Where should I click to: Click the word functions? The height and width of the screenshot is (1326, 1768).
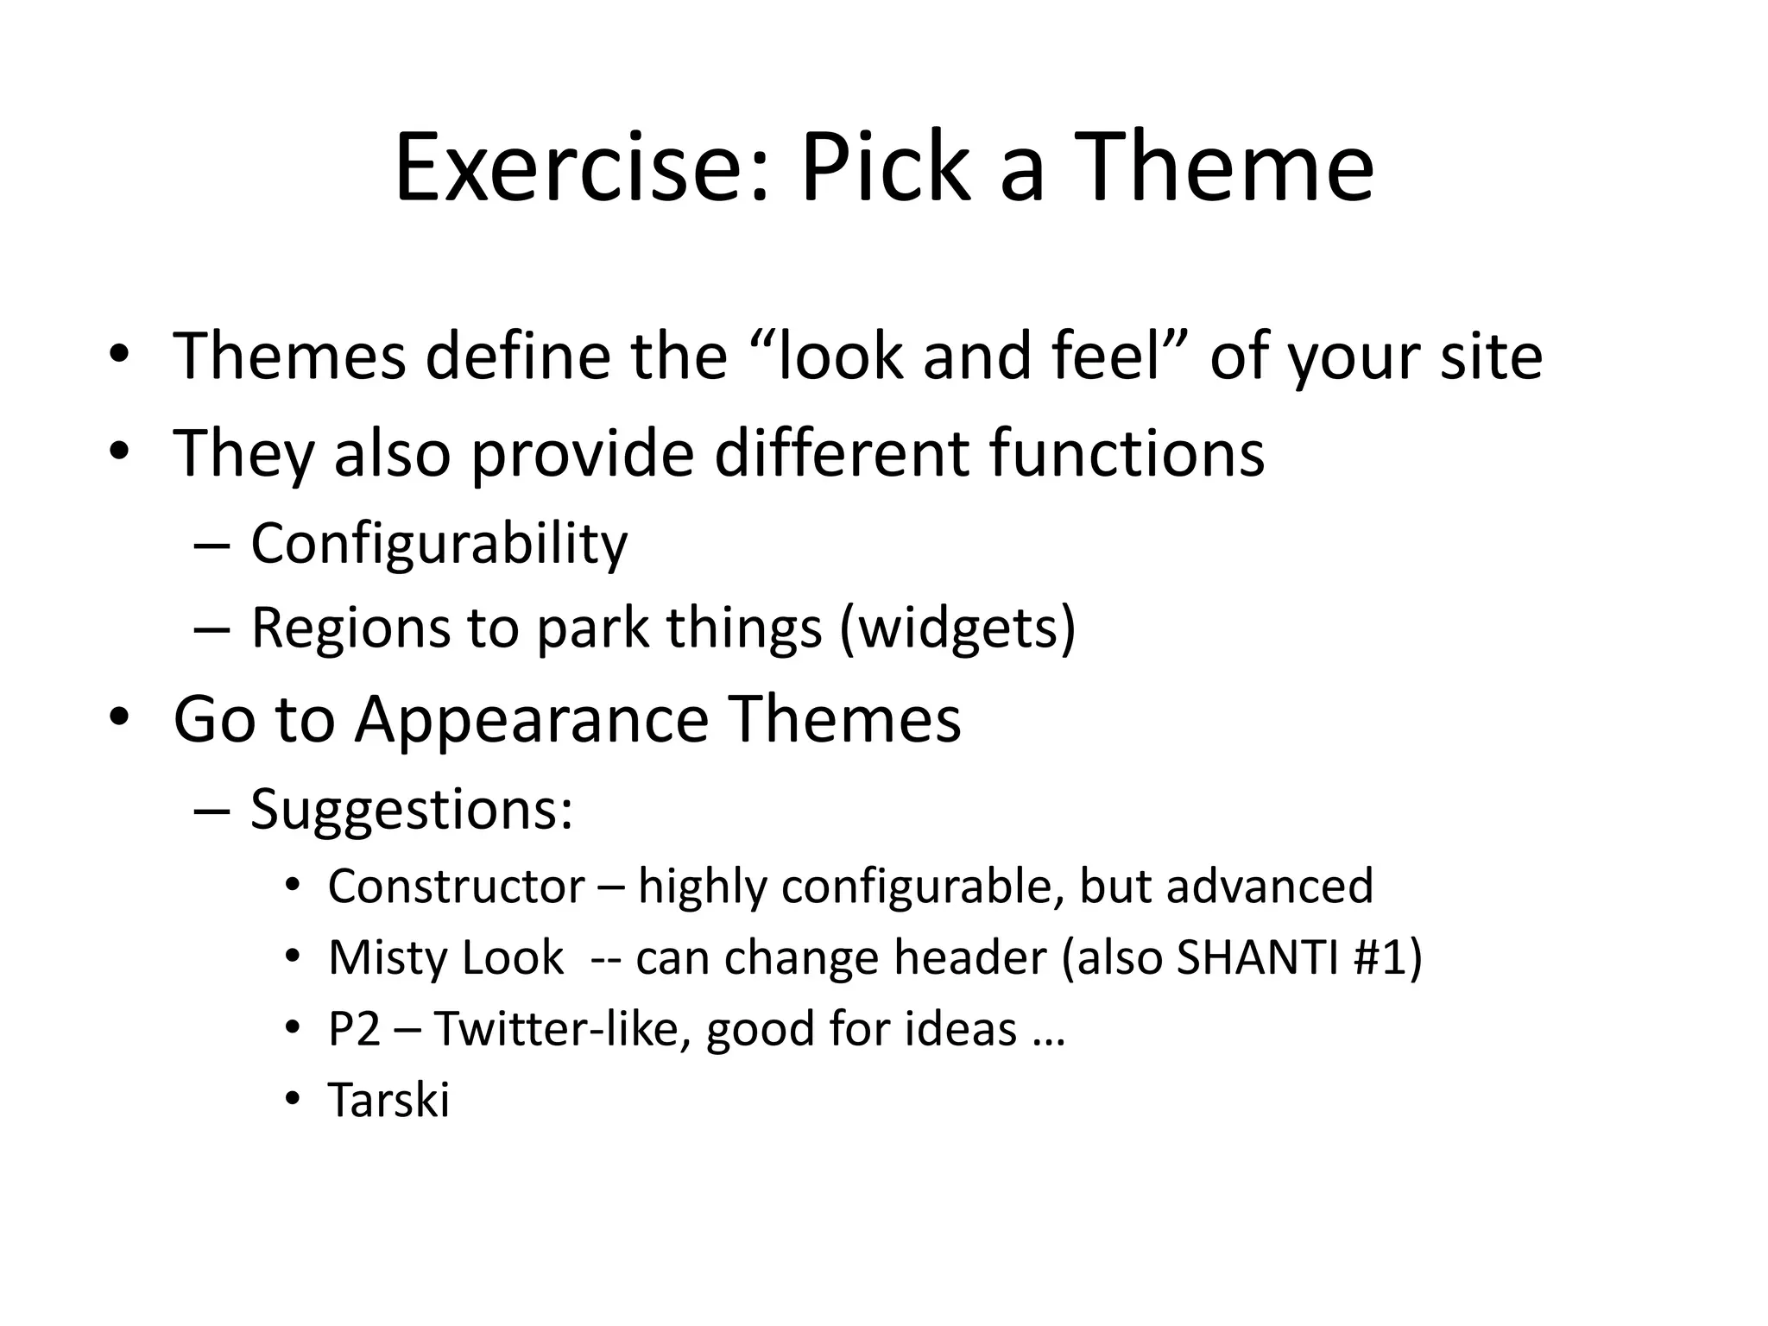pyautogui.click(x=1127, y=452)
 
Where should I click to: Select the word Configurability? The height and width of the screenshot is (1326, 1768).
pyautogui.click(x=439, y=544)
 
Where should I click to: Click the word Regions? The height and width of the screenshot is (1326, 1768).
pyautogui.click(x=350, y=628)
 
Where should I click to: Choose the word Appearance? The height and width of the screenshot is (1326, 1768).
pyautogui.click(x=531, y=719)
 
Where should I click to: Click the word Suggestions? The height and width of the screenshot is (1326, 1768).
pyautogui.click(x=411, y=810)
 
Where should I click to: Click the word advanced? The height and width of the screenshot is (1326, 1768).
pyautogui.click(x=1269, y=887)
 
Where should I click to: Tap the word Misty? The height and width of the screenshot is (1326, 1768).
pyautogui.click(x=386, y=958)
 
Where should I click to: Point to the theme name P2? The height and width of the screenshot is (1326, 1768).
pyautogui.click(x=354, y=1029)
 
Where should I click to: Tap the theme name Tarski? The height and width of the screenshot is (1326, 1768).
pyautogui.click(x=388, y=1101)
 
